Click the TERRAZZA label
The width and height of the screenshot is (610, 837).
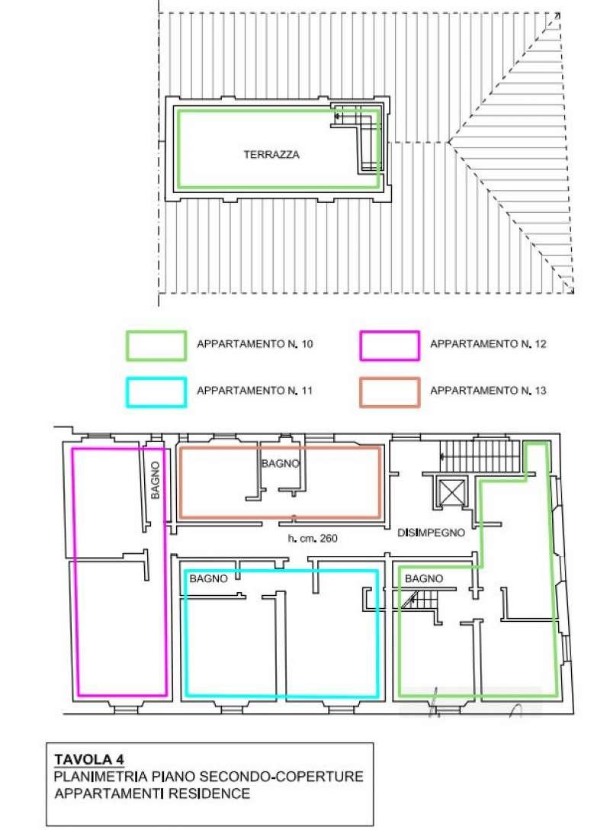[271, 155]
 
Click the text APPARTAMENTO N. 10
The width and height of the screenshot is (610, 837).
[255, 344]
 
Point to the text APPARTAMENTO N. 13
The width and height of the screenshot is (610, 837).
[488, 391]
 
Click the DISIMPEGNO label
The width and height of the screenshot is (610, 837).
[431, 533]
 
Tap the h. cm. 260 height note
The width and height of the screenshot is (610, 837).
[313, 539]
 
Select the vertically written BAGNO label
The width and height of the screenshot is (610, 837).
[156, 481]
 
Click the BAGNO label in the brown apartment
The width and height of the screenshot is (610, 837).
[280, 464]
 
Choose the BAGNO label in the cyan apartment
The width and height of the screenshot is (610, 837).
[208, 578]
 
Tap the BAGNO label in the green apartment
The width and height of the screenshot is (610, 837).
[424, 578]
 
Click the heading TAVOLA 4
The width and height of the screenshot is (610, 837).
[89, 760]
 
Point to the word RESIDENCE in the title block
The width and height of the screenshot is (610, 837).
[209, 794]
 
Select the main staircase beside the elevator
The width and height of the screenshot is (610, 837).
[480, 456]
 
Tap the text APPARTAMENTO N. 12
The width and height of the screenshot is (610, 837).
[488, 344]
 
